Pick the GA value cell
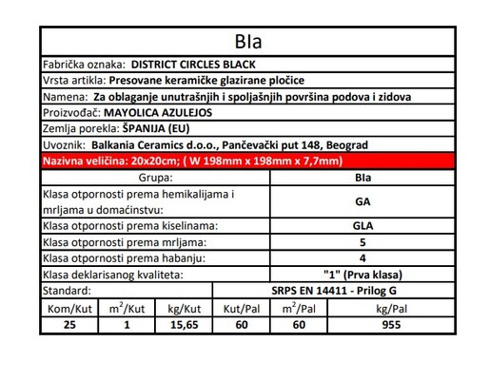362,200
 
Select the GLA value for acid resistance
362,225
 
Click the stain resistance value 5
362,241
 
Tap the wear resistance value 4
362,256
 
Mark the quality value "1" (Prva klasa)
362,273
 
